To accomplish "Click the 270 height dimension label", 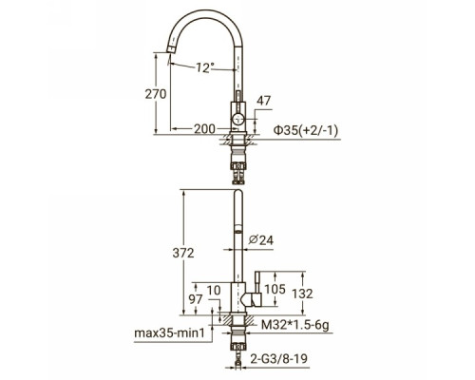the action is pyautogui.click(x=156, y=94).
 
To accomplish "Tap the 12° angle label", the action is pyautogui.click(x=204, y=67).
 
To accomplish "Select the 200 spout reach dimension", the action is pyautogui.click(x=204, y=129).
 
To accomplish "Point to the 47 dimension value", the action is pyautogui.click(x=263, y=101).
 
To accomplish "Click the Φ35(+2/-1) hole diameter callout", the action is pyautogui.click(x=306, y=130).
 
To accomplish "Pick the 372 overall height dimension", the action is pyautogui.click(x=183, y=253).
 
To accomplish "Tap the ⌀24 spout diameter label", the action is pyautogui.click(x=261, y=240).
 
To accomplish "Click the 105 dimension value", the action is pyautogui.click(x=275, y=289).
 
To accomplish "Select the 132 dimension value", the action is pyautogui.click(x=302, y=294).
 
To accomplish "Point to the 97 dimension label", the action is pyautogui.click(x=196, y=299).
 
